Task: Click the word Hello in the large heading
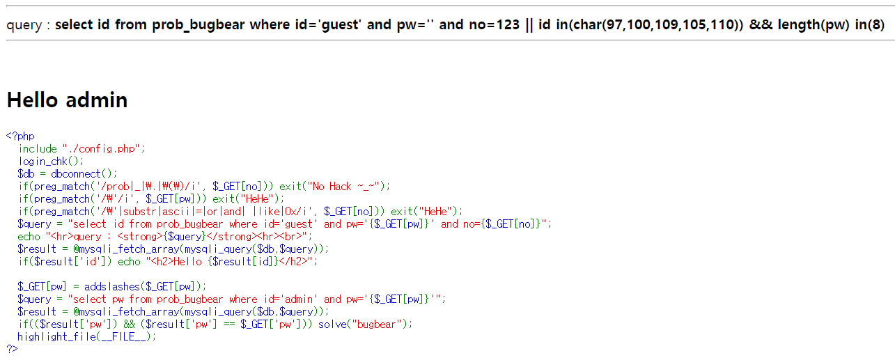tap(33, 100)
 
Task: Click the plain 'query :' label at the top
tap(28, 25)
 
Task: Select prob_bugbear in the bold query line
tap(201, 25)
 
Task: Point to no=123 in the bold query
tap(493, 25)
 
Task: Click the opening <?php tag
tap(20, 136)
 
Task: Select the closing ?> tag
tap(11, 349)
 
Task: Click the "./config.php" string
tap(101, 149)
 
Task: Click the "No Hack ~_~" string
tap(345, 186)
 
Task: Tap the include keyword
tap(38, 149)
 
